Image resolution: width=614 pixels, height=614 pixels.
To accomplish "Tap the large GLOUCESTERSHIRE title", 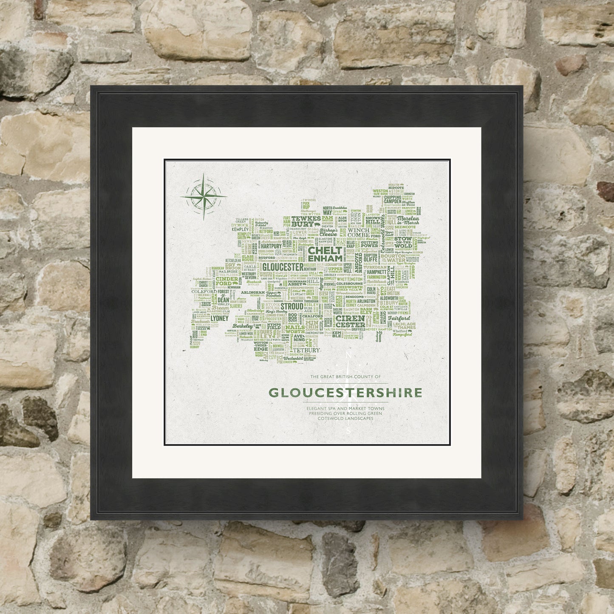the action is (x=346, y=393).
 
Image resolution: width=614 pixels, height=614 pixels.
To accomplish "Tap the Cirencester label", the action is (x=350, y=321).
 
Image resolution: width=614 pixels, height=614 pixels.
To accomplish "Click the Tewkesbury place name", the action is (x=306, y=221).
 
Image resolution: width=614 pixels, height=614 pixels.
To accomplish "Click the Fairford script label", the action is (x=399, y=318).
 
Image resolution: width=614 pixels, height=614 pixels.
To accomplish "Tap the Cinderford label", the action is (x=226, y=281).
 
